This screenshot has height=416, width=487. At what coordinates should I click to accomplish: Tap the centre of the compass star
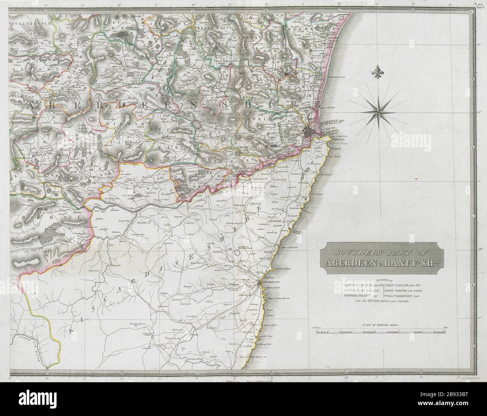378,109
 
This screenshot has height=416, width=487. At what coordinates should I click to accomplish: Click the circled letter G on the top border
45,11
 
